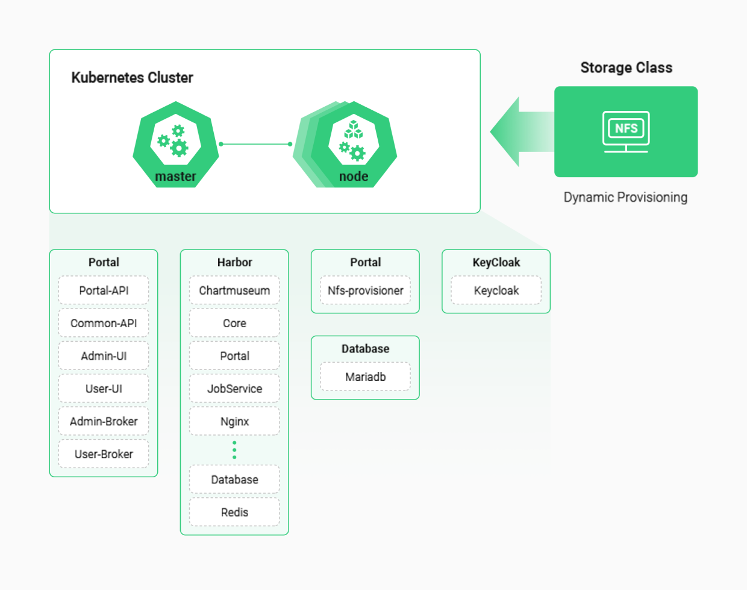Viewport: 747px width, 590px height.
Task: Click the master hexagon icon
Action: coord(176,144)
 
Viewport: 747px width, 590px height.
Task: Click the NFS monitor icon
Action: coord(626,131)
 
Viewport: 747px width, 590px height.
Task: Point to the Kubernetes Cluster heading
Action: coord(132,77)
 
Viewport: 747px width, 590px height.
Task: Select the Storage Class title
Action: coord(626,67)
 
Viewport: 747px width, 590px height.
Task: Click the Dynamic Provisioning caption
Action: coord(625,197)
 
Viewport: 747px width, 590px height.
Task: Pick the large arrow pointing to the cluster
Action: coord(522,131)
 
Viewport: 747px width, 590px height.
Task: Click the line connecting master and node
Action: coord(255,144)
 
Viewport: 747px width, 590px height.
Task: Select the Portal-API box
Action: coord(104,290)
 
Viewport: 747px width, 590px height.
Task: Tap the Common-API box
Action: coord(104,323)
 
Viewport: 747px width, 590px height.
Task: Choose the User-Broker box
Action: coord(104,454)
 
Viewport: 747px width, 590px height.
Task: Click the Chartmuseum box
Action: coord(234,290)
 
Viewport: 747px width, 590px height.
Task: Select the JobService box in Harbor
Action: coord(234,389)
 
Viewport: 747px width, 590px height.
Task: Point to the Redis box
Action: coord(234,512)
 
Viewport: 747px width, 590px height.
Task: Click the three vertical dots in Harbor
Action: coord(234,450)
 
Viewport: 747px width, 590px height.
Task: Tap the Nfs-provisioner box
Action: coord(365,290)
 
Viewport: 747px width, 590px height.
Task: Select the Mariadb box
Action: coord(365,377)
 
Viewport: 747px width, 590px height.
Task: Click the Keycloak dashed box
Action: coord(496,290)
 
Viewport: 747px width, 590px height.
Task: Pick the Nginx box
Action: coord(234,421)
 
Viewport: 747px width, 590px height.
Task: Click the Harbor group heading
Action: coord(235,262)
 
